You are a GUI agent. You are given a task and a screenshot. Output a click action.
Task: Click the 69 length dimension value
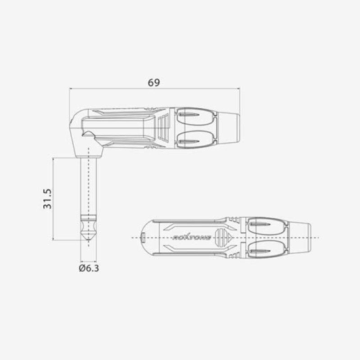coord(153,82)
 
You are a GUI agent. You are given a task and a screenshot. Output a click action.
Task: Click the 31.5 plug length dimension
coord(48,199)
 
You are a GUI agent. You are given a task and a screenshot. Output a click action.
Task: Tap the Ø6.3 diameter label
coord(89,268)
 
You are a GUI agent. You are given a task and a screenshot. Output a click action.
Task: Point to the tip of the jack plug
coord(89,240)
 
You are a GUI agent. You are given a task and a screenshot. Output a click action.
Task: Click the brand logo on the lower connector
coord(192,237)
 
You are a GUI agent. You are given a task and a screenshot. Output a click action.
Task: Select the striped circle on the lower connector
coord(220,235)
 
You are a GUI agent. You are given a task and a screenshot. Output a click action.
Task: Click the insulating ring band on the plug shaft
coord(89,217)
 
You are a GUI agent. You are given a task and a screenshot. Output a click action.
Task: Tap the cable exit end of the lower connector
coord(300,237)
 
